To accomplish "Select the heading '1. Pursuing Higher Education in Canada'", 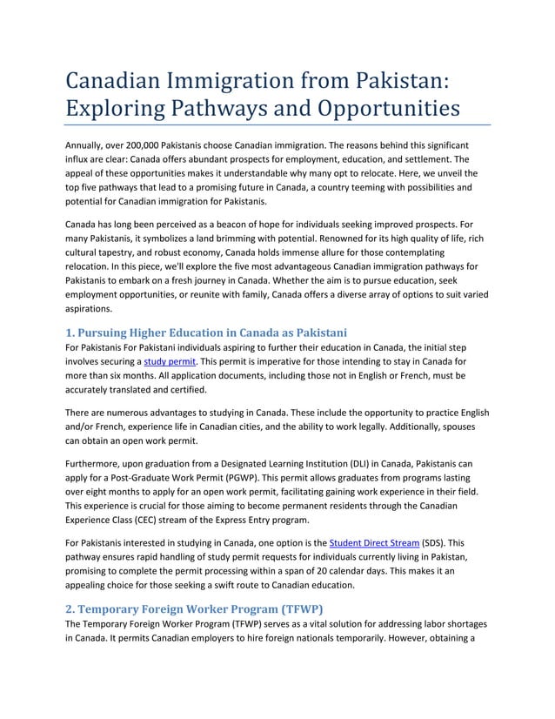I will (x=207, y=332).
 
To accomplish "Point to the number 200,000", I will (x=161, y=144).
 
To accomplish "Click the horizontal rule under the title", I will (x=278, y=125).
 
